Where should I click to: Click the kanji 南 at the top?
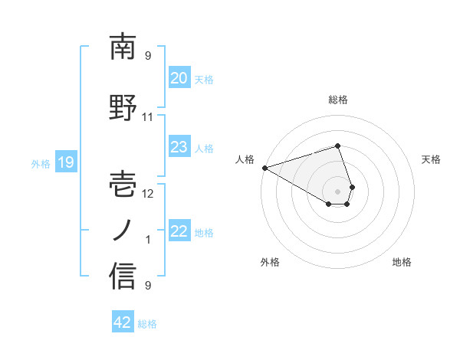tap(123, 47)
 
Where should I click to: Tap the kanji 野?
tap(123, 109)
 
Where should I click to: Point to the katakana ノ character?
tap(123, 230)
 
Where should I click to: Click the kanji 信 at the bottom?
tap(123, 277)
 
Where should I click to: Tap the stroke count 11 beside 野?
tap(148, 117)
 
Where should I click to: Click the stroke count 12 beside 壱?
tap(148, 193)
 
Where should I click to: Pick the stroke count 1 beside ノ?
tap(148, 240)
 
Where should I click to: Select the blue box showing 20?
tap(179, 77)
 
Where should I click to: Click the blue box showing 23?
tap(179, 147)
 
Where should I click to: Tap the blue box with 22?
tap(179, 231)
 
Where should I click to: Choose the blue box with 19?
tap(65, 162)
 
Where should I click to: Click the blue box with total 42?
tap(123, 322)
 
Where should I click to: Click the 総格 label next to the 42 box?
tap(147, 324)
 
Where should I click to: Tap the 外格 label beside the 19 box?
tap(41, 163)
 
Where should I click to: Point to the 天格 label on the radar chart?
tap(431, 159)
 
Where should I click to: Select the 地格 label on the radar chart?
tap(402, 262)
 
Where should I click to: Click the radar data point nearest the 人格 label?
tap(264, 168)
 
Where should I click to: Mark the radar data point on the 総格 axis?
tap(337, 146)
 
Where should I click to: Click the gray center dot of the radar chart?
tap(337, 191)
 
